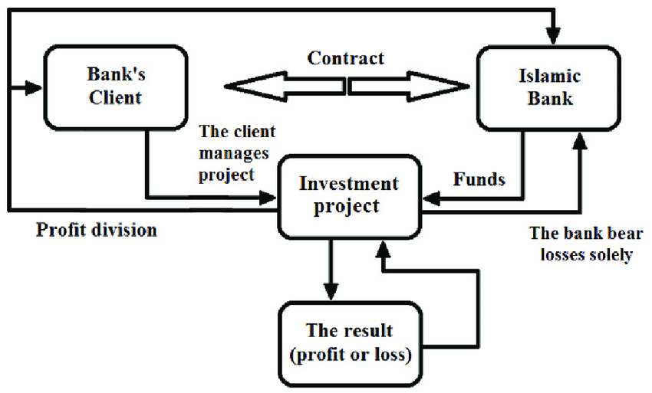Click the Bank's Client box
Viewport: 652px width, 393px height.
tap(116, 87)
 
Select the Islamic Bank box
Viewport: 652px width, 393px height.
tap(549, 87)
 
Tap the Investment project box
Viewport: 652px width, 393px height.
tap(349, 195)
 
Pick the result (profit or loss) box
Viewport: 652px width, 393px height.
tap(349, 343)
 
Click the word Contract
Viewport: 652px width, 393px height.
tap(346, 58)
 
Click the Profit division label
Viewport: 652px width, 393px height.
tap(97, 229)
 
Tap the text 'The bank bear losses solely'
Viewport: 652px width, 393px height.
tap(581, 244)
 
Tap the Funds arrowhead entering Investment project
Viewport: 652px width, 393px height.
tap(430, 198)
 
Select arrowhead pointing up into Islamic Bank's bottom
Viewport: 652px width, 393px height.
tap(580, 139)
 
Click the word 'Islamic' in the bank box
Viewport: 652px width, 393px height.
tap(549, 77)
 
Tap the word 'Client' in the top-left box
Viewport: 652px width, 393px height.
tap(115, 97)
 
